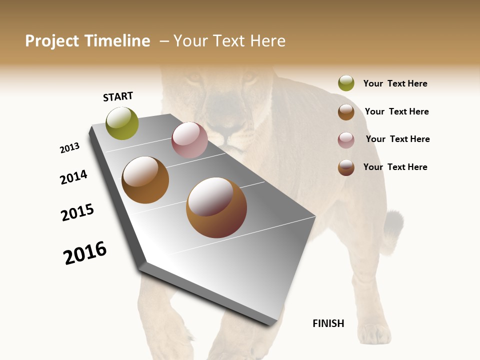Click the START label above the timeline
(x=118, y=96)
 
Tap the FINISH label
(x=328, y=323)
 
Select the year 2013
(x=69, y=148)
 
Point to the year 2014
(x=73, y=177)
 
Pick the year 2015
(x=77, y=212)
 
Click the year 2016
(x=85, y=252)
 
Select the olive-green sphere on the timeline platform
(x=122, y=123)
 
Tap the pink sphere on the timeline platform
(x=189, y=140)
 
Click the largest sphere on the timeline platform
(x=216, y=207)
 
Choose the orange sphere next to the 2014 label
(x=145, y=180)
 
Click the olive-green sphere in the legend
(x=346, y=83)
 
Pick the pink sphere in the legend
(x=346, y=139)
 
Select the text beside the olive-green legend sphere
(x=395, y=83)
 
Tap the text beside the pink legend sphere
(x=397, y=139)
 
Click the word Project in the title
(x=52, y=41)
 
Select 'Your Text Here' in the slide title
(x=229, y=41)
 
